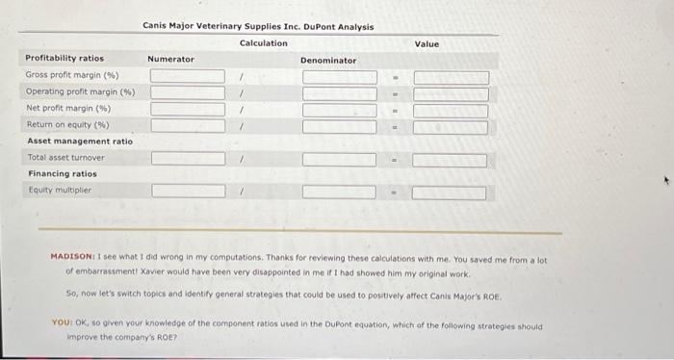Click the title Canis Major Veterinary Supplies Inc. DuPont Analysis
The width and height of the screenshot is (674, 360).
(x=258, y=27)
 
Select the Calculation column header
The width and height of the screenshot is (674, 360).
(x=263, y=43)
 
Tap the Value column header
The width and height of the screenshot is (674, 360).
(x=427, y=44)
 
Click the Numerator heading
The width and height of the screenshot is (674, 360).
(x=170, y=60)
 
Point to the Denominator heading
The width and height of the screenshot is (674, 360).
(x=327, y=61)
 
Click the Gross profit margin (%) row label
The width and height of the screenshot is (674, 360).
(x=71, y=75)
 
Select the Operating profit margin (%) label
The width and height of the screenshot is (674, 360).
(x=80, y=91)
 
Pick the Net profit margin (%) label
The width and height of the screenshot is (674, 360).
(x=67, y=108)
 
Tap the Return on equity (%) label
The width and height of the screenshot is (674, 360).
(x=67, y=124)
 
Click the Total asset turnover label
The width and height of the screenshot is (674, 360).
(x=66, y=157)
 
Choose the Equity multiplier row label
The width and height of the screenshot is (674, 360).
(x=59, y=190)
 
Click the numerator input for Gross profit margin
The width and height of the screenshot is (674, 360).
(x=188, y=76)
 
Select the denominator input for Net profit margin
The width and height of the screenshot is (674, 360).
(x=339, y=110)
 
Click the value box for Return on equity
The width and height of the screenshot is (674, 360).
(x=450, y=126)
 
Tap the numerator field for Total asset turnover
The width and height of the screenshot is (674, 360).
(x=188, y=158)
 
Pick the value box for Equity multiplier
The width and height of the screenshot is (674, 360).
(x=450, y=192)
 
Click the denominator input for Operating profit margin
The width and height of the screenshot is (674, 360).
(x=339, y=93)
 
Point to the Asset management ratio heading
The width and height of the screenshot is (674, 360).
(x=80, y=141)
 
